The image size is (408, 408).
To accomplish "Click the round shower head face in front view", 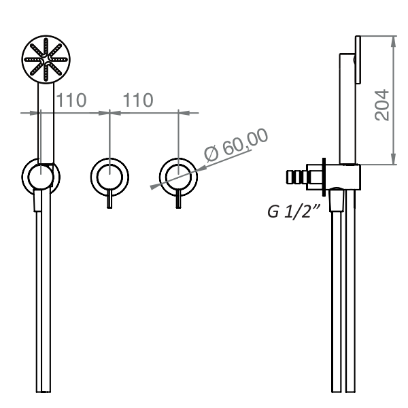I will (x=46, y=60).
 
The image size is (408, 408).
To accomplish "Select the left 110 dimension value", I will (x=71, y=101).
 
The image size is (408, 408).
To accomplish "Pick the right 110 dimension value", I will (x=137, y=101).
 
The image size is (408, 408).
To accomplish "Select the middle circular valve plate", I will (x=109, y=177).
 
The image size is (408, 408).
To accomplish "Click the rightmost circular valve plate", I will (x=177, y=177).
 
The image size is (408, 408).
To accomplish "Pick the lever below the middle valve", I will (x=109, y=201).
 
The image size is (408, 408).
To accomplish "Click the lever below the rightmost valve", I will (x=177, y=201).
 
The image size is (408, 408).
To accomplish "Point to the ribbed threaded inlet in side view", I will (x=297, y=179).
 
